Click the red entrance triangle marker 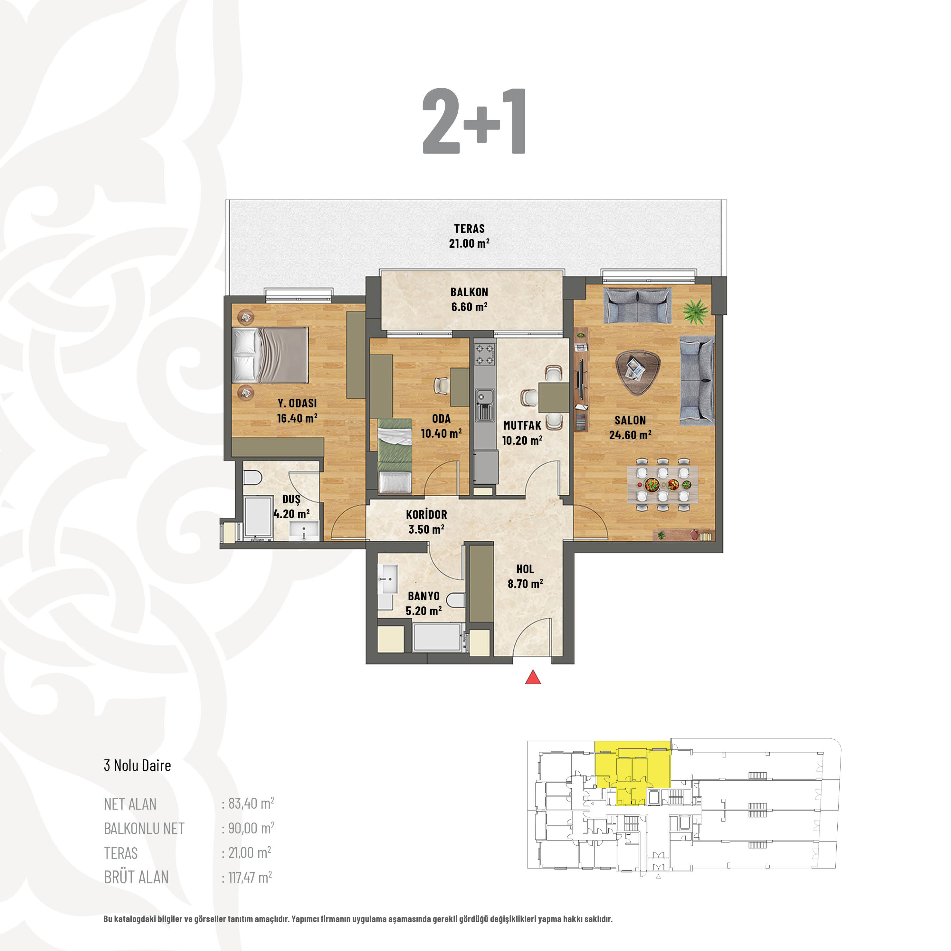[x=533, y=677]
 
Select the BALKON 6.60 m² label [x=469, y=299]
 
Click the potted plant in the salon [x=696, y=312]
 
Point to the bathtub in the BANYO [x=438, y=637]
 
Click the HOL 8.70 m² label [x=525, y=576]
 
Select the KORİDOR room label [x=426, y=515]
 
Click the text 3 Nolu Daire [x=137, y=766]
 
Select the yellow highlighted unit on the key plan [x=632, y=771]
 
